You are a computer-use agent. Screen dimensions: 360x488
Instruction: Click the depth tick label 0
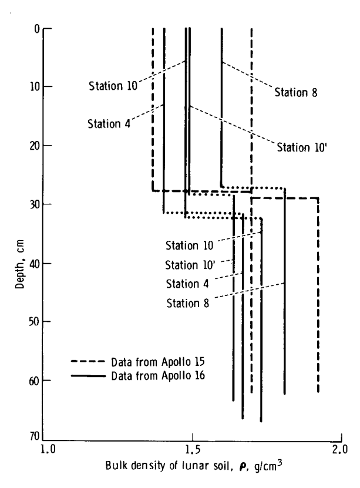tap(37, 29)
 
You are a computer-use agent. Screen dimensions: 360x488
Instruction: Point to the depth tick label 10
tap(35, 86)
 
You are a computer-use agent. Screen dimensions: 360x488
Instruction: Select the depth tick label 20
tap(35, 145)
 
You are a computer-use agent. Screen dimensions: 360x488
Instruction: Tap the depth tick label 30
tap(35, 204)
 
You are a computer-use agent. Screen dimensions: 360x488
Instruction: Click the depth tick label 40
tap(35, 264)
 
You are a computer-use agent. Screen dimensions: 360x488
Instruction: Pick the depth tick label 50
tap(35, 321)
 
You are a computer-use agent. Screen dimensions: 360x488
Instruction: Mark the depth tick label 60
tap(35, 381)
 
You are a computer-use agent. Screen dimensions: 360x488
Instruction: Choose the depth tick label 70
tap(35, 436)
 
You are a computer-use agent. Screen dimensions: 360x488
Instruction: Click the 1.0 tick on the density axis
tap(48, 450)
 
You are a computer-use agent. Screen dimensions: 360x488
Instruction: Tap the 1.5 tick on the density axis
tap(193, 450)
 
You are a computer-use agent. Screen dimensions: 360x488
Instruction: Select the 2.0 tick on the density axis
tap(340, 450)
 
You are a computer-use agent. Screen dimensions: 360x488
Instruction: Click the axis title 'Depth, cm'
tap(19, 264)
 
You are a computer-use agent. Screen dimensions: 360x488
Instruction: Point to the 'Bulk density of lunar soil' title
tap(169, 466)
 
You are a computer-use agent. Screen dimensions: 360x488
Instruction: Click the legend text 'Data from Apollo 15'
tap(158, 362)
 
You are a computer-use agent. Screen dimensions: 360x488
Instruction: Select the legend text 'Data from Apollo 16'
tap(158, 376)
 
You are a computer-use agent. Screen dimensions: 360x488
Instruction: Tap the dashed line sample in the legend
tap(88, 361)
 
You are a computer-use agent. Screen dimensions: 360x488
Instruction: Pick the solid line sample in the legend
tap(88, 376)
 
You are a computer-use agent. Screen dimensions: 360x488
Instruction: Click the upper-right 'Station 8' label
tap(296, 92)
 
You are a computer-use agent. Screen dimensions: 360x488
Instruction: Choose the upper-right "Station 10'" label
tap(302, 147)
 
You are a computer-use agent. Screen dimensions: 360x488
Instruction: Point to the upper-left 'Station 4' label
tap(109, 124)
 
